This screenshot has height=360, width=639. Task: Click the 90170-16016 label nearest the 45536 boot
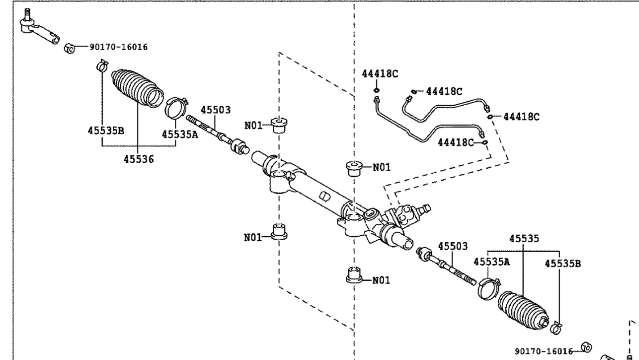tap(118, 47)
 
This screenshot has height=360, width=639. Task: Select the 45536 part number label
tap(139, 159)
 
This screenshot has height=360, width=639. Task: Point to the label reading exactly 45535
tap(523, 238)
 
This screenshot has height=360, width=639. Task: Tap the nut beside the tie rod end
tap(69, 48)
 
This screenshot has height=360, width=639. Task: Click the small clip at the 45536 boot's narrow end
tap(101, 66)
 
